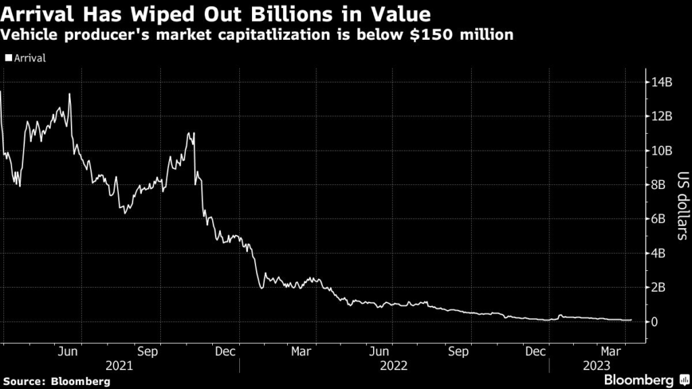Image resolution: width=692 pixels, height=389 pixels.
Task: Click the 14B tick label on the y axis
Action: [x=663, y=82]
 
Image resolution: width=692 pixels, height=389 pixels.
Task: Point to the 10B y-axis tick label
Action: [x=663, y=151]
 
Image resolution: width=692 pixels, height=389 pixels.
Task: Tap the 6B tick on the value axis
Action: [x=660, y=219]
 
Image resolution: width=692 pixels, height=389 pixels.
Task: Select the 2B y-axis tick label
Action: [x=660, y=287]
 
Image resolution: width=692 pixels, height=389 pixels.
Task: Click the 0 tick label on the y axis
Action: [x=656, y=321]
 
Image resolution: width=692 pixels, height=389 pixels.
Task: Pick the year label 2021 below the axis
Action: [x=119, y=365]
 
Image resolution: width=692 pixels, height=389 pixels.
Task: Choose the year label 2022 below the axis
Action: [x=393, y=365]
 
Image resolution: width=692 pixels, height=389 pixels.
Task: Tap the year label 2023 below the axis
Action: [x=597, y=365]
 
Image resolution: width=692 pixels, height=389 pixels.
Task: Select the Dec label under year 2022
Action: [x=537, y=351]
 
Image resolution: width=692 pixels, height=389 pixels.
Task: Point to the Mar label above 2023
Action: [x=612, y=351]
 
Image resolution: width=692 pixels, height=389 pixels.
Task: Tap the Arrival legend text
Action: [x=28, y=58]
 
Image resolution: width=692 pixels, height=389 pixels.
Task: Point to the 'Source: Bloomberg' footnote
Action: [x=55, y=382]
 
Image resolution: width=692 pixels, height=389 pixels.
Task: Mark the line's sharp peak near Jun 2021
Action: [x=70, y=94]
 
